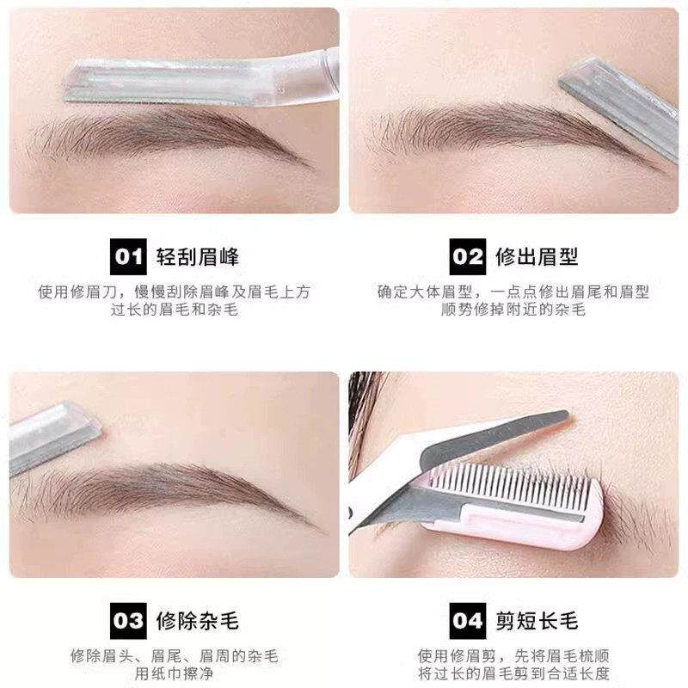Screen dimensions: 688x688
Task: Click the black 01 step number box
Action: [x=128, y=256]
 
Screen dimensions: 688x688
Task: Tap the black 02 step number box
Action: [x=468, y=256]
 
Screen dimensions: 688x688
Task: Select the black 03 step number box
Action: [x=128, y=620]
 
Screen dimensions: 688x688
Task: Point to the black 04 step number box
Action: [x=468, y=620]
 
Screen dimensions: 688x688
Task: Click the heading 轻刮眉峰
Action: [x=198, y=257]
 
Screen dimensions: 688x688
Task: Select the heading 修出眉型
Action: [x=537, y=257]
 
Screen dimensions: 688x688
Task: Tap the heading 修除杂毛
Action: [x=198, y=621]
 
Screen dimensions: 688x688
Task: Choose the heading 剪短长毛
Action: [x=537, y=621]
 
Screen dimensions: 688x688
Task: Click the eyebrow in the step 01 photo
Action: [x=169, y=137]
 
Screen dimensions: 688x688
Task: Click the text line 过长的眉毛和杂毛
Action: [x=175, y=310]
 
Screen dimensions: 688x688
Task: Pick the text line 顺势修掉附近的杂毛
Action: [x=513, y=310]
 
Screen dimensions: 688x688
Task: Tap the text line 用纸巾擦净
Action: [x=175, y=673]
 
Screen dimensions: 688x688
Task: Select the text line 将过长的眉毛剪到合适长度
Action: [x=513, y=673]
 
